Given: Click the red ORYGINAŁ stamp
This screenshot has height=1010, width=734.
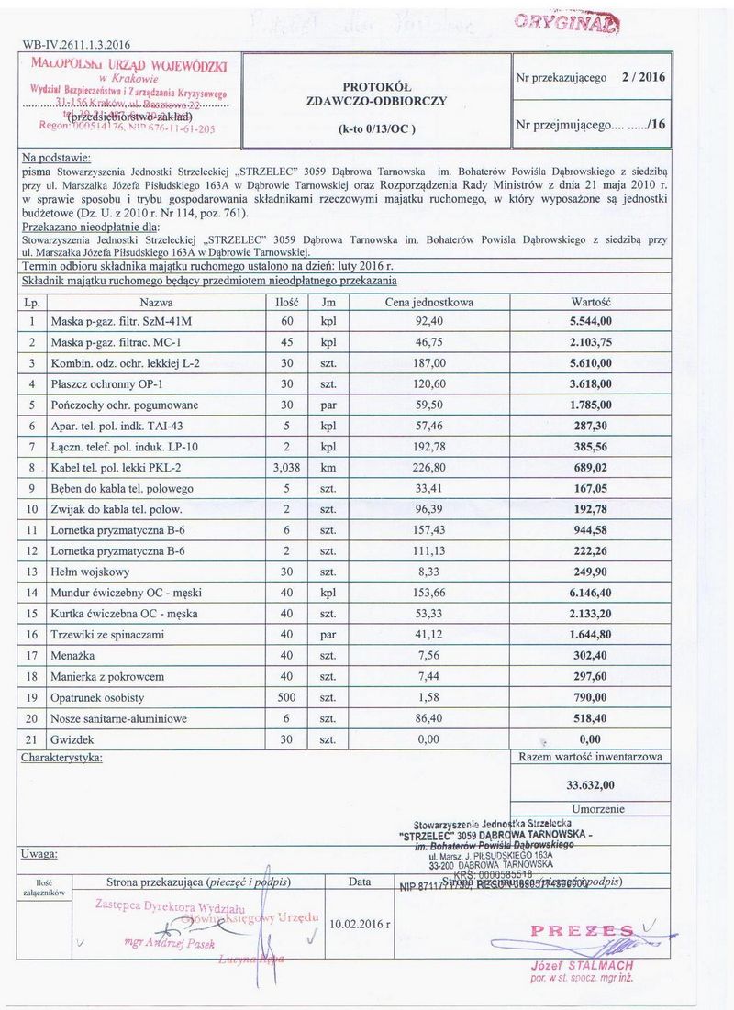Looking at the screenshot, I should pos(566,23).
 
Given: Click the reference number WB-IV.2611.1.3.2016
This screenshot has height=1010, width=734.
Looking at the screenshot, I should pos(76,44).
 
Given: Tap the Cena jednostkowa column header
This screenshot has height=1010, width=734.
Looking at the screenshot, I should pos(429,302).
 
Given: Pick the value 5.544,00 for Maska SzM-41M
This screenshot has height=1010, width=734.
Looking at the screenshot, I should pos(591,322).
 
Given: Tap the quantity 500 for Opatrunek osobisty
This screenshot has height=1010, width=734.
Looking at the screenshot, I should pos(284,698).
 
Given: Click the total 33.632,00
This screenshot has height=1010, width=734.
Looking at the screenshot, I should pos(591,784).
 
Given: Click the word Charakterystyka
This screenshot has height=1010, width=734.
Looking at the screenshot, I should pos(61,758).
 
